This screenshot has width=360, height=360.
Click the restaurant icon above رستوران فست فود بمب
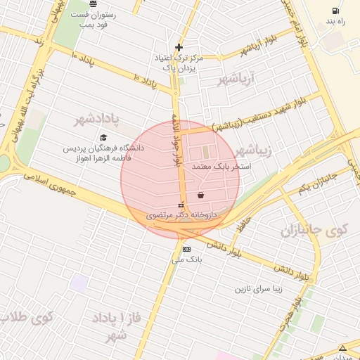[x=94, y=4]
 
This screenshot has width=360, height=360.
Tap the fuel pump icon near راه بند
[x=335, y=11]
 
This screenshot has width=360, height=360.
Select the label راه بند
[x=335, y=22]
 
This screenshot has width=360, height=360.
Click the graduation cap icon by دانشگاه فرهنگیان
[x=103, y=138]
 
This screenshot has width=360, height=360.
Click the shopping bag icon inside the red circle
[x=201, y=195]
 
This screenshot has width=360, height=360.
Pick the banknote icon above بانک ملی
[x=186, y=249]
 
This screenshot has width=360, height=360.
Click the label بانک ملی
[x=186, y=259]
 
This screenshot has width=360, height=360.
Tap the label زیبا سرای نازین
[x=262, y=288]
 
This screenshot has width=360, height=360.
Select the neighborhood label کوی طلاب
[x=28, y=317]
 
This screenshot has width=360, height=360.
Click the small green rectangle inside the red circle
[x=206, y=151]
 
